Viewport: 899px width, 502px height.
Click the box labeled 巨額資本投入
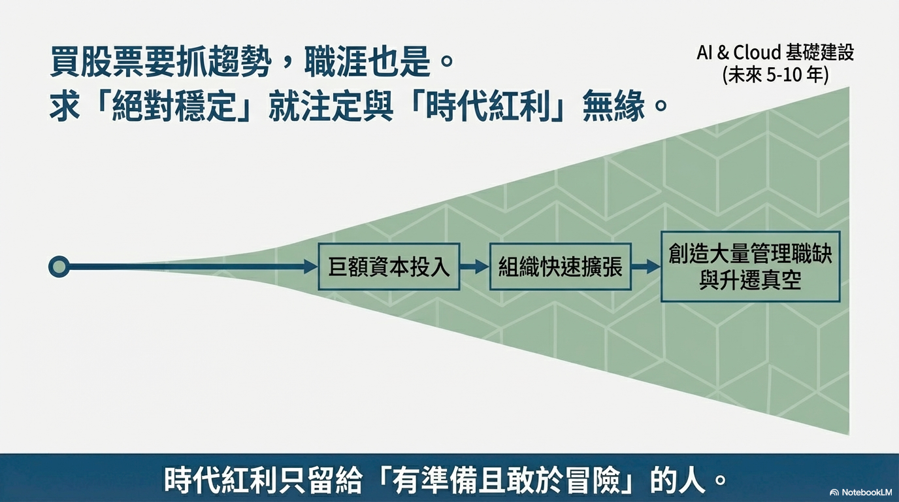coord(389,267)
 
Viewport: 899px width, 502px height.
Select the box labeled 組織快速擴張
coord(560,267)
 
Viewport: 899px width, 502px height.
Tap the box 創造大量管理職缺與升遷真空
coord(750,267)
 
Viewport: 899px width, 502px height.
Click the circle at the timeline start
coord(59,266)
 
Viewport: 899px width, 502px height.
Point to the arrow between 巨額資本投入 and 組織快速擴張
coord(474,267)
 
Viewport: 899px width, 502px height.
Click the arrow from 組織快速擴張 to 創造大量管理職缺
coord(646,267)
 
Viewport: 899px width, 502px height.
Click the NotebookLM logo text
coord(861,492)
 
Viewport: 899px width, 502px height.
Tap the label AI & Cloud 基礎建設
coord(775,53)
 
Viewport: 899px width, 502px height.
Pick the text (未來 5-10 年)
coord(775,75)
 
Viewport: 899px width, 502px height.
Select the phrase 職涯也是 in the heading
coord(365,63)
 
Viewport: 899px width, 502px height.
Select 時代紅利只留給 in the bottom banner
coord(261,480)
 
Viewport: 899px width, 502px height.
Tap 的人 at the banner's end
coord(679,480)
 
